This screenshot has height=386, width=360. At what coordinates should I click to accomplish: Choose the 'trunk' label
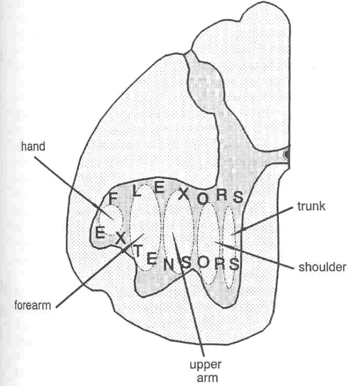[312, 207]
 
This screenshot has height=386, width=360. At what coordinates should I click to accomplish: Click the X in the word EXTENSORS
[120, 237]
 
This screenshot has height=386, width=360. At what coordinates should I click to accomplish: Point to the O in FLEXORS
[202, 199]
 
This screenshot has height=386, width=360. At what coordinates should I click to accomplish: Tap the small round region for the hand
[112, 219]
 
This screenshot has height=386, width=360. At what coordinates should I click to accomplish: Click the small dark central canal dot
[286, 155]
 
